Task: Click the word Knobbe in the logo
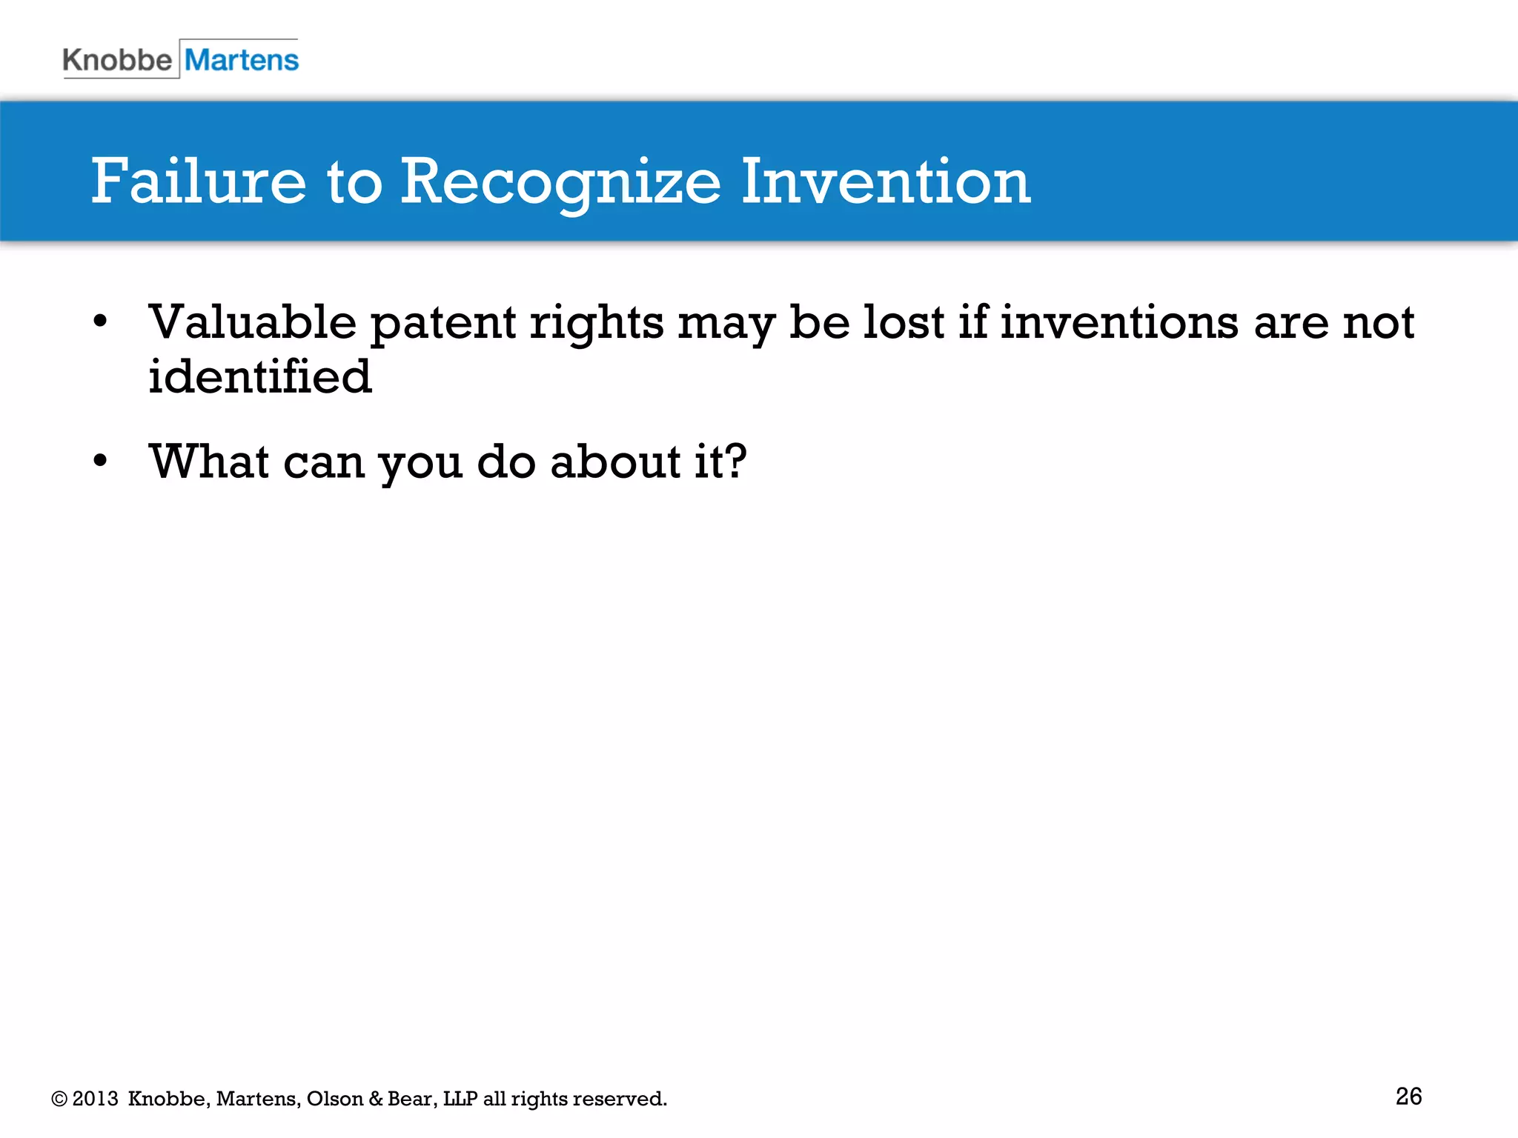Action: (117, 60)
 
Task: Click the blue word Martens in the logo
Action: (242, 60)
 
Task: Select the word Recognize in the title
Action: (560, 183)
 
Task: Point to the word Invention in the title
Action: (885, 182)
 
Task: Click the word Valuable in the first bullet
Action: (253, 323)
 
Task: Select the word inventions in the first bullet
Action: (1119, 323)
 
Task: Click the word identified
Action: (259, 376)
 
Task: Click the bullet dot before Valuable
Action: (100, 322)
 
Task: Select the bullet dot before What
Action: (100, 461)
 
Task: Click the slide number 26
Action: (1408, 1096)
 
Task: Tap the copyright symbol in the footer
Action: (59, 1099)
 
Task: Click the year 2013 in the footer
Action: (95, 1098)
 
